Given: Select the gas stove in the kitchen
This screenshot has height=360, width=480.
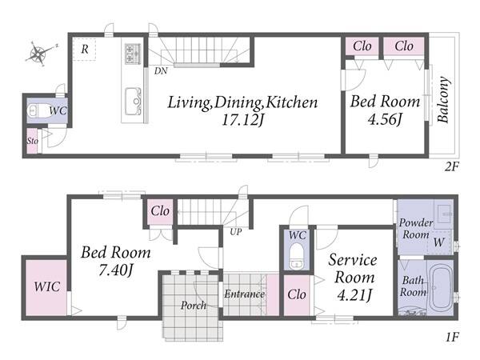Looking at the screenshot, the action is tap(133, 54).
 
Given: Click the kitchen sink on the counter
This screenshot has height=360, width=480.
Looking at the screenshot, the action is tap(134, 102).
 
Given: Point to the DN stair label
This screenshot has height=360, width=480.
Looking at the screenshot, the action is tap(161, 71).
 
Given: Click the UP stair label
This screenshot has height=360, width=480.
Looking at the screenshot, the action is tap(236, 232).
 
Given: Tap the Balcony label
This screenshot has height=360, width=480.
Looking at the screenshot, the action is tap(443, 100).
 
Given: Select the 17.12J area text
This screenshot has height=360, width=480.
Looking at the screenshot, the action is tap(242, 120).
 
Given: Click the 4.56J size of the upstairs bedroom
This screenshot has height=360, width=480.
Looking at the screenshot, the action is tap(385, 119).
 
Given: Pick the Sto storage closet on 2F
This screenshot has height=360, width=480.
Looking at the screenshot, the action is tap(32, 141).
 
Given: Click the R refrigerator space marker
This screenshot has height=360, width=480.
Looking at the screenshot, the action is tap(85, 49).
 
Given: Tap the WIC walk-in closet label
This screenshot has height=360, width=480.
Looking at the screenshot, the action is tap(47, 287).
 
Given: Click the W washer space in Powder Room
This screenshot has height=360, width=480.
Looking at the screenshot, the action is tap(438, 242).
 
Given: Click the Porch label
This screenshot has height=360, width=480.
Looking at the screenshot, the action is tap(193, 306).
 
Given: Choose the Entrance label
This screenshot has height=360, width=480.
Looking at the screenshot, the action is tap(244, 294).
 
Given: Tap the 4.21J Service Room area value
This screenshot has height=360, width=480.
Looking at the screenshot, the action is tap(354, 295).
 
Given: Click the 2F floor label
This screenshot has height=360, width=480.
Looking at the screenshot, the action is tap(451, 167).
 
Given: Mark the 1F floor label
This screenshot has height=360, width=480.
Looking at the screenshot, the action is tap(452, 338).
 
